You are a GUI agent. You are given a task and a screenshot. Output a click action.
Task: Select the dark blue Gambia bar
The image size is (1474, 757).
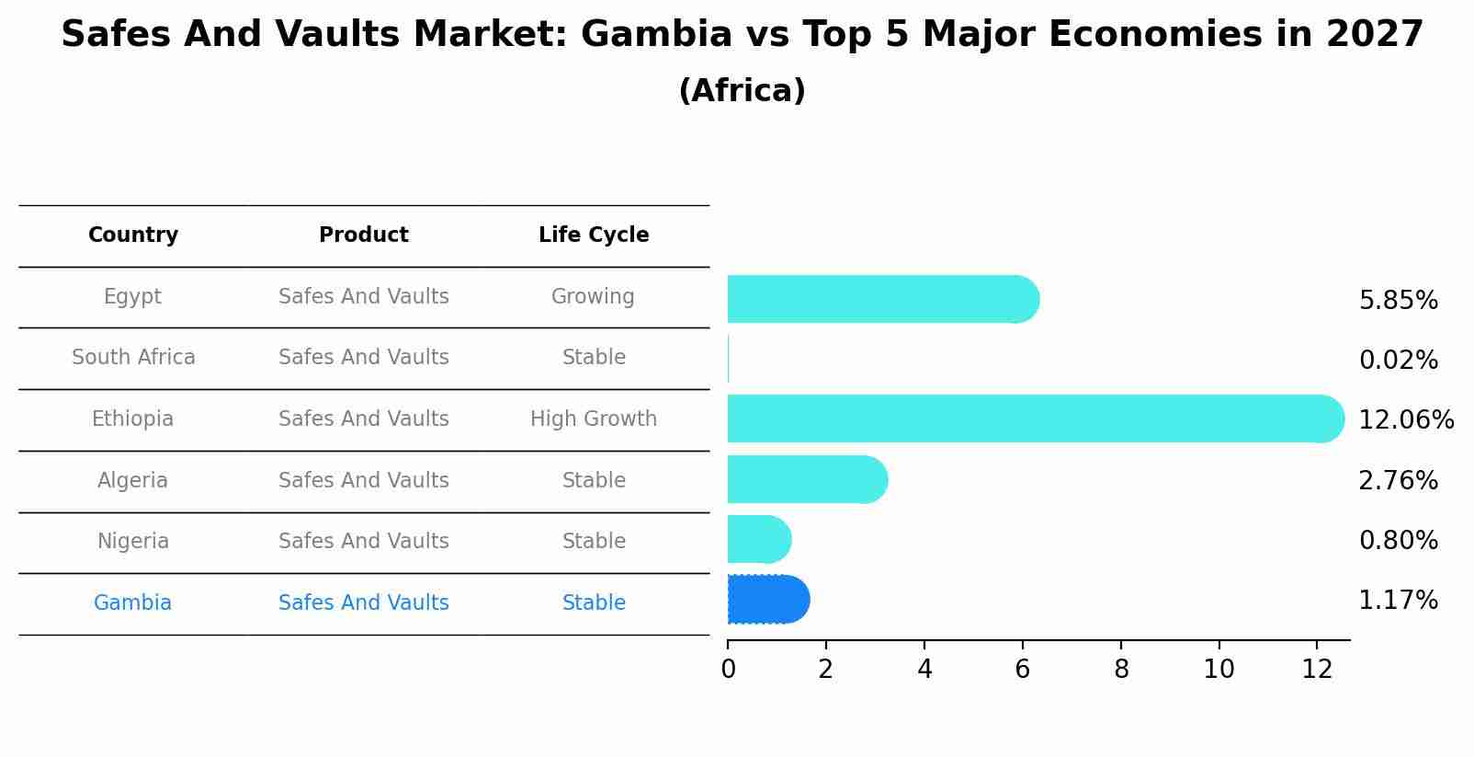click(x=767, y=600)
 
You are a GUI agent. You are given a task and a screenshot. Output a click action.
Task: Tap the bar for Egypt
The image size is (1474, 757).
click(x=882, y=299)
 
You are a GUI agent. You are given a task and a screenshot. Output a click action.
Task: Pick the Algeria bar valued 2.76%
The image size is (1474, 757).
click(x=807, y=479)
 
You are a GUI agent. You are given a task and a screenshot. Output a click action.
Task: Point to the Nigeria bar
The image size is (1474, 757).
click(x=758, y=539)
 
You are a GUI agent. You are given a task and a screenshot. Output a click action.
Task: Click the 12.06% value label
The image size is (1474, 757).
click(x=1405, y=420)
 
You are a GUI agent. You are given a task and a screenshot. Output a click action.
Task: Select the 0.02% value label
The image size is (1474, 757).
click(x=1398, y=361)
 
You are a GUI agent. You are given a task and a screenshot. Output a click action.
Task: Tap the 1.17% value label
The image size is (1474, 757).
click(x=1398, y=601)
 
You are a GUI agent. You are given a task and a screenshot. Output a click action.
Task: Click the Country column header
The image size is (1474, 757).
click(x=133, y=235)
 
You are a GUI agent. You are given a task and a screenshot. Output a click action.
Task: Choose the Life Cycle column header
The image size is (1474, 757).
click(x=594, y=235)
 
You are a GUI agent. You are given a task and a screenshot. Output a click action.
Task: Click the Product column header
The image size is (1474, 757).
click(x=364, y=235)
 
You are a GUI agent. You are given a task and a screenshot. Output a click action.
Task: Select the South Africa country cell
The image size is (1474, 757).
click(x=133, y=358)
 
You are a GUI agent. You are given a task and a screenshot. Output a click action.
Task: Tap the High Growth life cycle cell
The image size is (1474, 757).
click(x=594, y=419)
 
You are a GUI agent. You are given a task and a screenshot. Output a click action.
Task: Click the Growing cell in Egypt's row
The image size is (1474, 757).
click(x=593, y=297)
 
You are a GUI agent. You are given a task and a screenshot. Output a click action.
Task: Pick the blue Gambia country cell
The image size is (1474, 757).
click(x=132, y=603)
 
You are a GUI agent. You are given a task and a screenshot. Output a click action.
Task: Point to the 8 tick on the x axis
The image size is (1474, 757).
click(x=1121, y=670)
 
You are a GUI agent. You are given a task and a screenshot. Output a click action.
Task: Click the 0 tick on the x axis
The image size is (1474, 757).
click(x=728, y=670)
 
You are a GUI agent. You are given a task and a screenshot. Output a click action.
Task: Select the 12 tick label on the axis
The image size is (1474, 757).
click(x=1317, y=670)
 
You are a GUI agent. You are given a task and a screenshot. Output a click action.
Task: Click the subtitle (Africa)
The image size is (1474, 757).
click(x=742, y=91)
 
